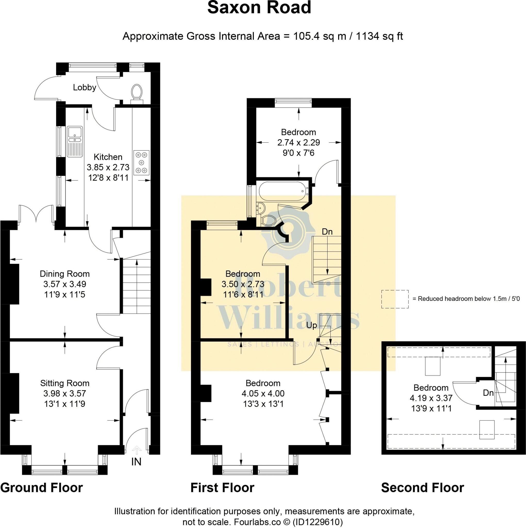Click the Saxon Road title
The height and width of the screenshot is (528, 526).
[x=259, y=8]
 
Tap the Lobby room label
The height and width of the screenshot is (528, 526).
[x=85, y=87]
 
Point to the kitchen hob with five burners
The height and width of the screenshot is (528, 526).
[x=141, y=163]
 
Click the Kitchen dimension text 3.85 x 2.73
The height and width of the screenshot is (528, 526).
[x=108, y=167]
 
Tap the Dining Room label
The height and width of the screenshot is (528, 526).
[x=65, y=274]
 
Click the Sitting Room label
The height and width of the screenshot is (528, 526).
[x=65, y=383]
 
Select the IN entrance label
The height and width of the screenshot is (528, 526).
[x=136, y=461]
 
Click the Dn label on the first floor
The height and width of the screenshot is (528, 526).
[x=327, y=232]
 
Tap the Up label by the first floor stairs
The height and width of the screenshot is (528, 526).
[x=312, y=325]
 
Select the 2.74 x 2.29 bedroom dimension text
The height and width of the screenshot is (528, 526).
[x=298, y=142]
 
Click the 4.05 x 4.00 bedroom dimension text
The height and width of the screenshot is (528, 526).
[x=263, y=393]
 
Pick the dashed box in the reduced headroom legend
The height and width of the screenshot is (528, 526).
[x=395, y=299]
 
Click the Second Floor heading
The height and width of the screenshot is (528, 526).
[x=422, y=488]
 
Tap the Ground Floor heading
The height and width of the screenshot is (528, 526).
[x=41, y=488]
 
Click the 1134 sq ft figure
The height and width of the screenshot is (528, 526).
[x=379, y=36]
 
